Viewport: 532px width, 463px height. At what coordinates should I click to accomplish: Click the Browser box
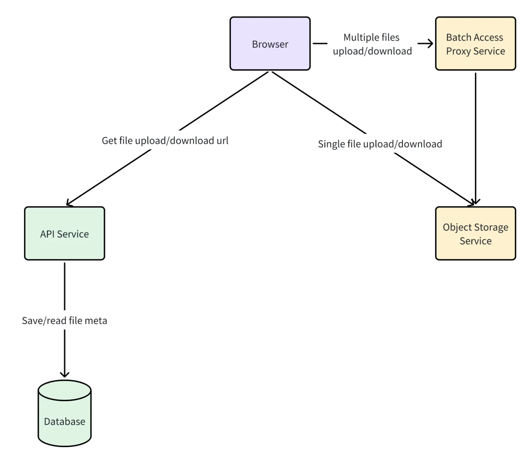pyautogui.click(x=270, y=44)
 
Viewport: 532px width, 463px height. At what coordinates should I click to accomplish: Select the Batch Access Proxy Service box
pyautogui.click(x=475, y=44)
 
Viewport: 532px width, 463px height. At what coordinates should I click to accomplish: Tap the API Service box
pyautogui.click(x=65, y=234)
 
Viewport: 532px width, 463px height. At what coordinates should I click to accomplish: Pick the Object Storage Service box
pyautogui.click(x=475, y=234)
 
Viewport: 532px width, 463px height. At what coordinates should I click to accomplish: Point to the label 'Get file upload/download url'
pyautogui.click(x=165, y=141)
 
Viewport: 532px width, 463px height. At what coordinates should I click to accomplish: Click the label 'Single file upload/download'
pyautogui.click(x=380, y=144)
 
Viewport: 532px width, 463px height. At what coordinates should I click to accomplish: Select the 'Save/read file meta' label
pyautogui.click(x=65, y=320)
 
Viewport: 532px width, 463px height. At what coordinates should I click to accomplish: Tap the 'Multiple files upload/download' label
pyautogui.click(x=372, y=44)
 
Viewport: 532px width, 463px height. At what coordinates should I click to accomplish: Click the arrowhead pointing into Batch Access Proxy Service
pyautogui.click(x=430, y=44)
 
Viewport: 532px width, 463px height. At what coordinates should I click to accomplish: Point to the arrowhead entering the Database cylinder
pyautogui.click(x=65, y=374)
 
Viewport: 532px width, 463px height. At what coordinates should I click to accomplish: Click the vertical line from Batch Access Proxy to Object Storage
pyautogui.click(x=475, y=137)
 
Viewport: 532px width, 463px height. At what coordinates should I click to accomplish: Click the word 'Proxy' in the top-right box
pyautogui.click(x=458, y=51)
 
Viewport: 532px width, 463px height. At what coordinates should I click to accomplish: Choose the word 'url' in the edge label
pyautogui.click(x=222, y=141)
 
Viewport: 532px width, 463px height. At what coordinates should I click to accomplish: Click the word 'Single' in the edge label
pyautogui.click(x=331, y=144)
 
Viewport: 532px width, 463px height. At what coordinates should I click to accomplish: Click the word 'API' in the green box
pyautogui.click(x=47, y=234)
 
